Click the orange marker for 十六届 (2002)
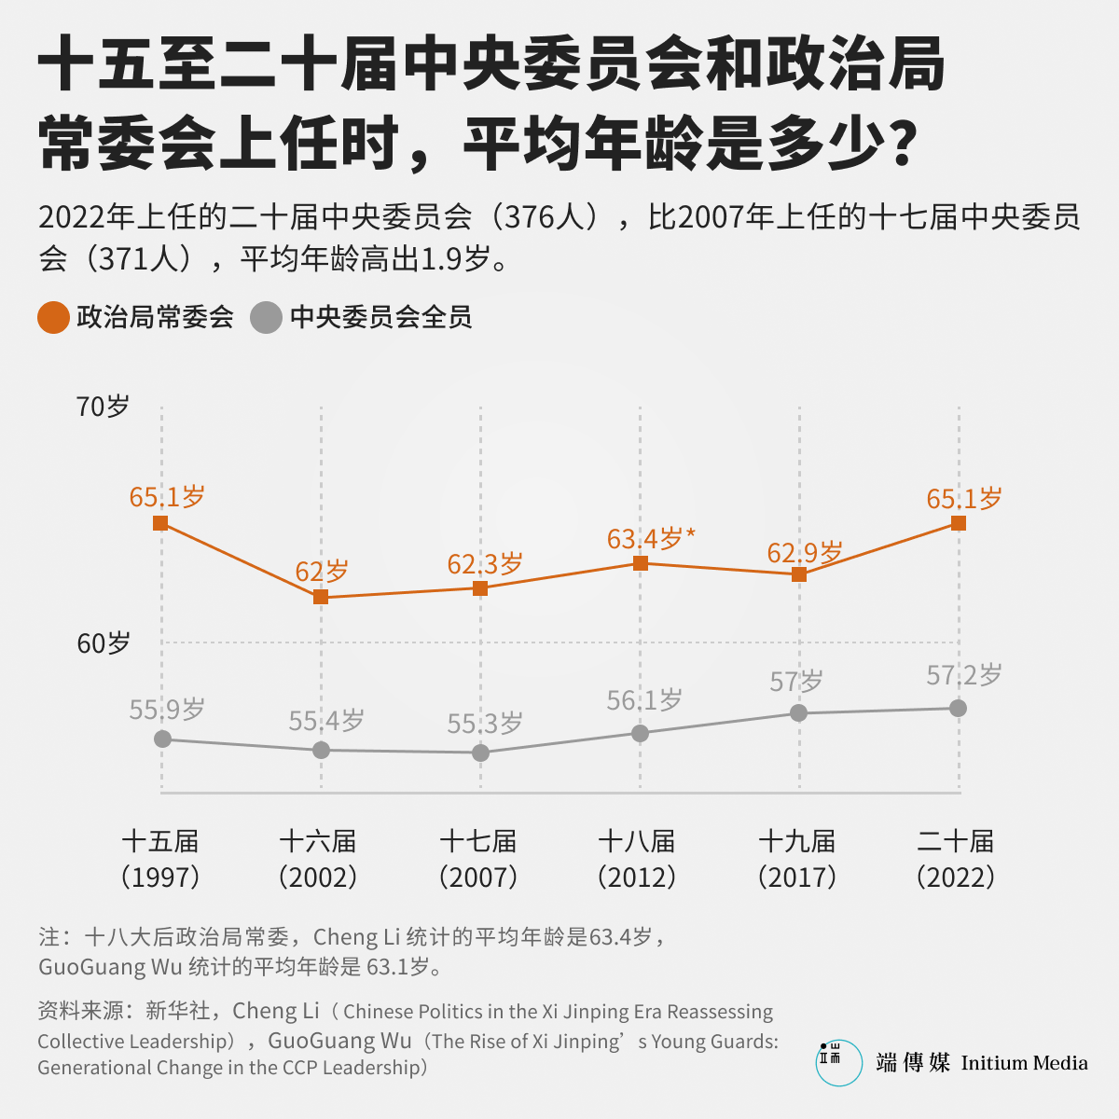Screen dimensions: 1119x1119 321,597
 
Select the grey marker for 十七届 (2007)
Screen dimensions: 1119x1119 480,753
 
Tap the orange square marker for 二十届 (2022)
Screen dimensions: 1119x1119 959,523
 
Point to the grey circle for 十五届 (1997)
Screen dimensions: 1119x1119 162,739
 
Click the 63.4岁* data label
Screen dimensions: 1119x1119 651,538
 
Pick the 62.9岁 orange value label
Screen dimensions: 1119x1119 804,552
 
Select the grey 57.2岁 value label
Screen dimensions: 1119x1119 964,675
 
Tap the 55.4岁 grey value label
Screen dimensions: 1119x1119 325,721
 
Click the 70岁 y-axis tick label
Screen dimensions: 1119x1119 103,406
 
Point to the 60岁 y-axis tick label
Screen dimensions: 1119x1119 104,642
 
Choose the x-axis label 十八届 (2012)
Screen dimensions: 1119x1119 637,859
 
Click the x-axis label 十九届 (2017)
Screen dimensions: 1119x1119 796,859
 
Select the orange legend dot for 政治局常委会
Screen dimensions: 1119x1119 53,317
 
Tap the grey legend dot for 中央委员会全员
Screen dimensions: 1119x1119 266,317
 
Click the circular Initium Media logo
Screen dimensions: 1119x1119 838,1062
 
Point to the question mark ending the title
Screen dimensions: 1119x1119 903,143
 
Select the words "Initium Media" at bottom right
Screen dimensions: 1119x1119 1024,1063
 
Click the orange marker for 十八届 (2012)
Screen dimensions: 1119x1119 640,562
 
